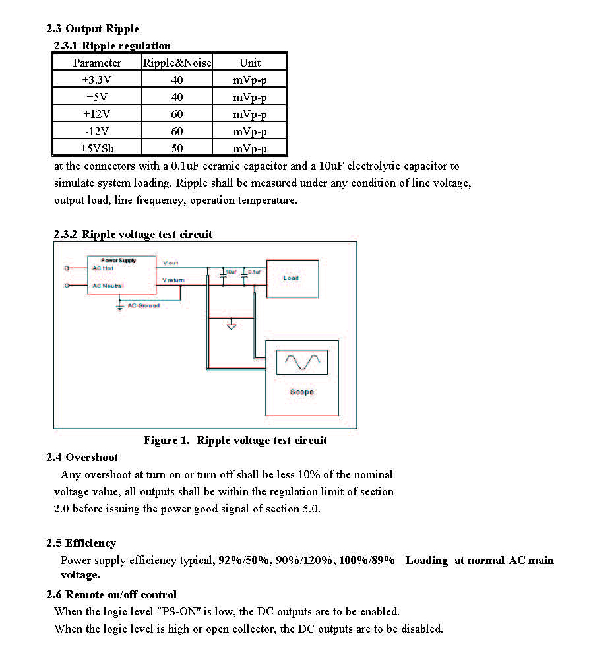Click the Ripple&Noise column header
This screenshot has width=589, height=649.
click(177, 63)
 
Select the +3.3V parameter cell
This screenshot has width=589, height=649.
click(97, 80)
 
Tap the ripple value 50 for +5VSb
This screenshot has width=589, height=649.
click(177, 148)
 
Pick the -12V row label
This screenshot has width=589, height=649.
click(97, 131)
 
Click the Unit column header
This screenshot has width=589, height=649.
click(250, 63)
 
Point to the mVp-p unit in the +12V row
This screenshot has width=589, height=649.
click(250, 114)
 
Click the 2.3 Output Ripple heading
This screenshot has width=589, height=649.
click(93, 28)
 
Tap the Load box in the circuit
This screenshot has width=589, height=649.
click(292, 278)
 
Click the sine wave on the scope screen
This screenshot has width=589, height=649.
click(301, 361)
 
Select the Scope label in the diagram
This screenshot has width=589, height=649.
click(301, 392)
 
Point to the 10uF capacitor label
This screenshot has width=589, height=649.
click(231, 272)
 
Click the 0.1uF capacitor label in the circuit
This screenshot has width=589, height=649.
click(255, 272)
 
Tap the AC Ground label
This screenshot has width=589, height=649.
click(143, 305)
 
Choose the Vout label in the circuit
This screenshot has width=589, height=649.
click(170, 263)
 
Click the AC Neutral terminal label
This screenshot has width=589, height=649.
click(107, 286)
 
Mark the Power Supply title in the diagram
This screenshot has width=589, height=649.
click(118, 260)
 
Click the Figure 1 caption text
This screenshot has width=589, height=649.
click(235, 440)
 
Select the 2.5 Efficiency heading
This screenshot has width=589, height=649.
click(81, 543)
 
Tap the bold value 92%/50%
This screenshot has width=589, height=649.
click(242, 560)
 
